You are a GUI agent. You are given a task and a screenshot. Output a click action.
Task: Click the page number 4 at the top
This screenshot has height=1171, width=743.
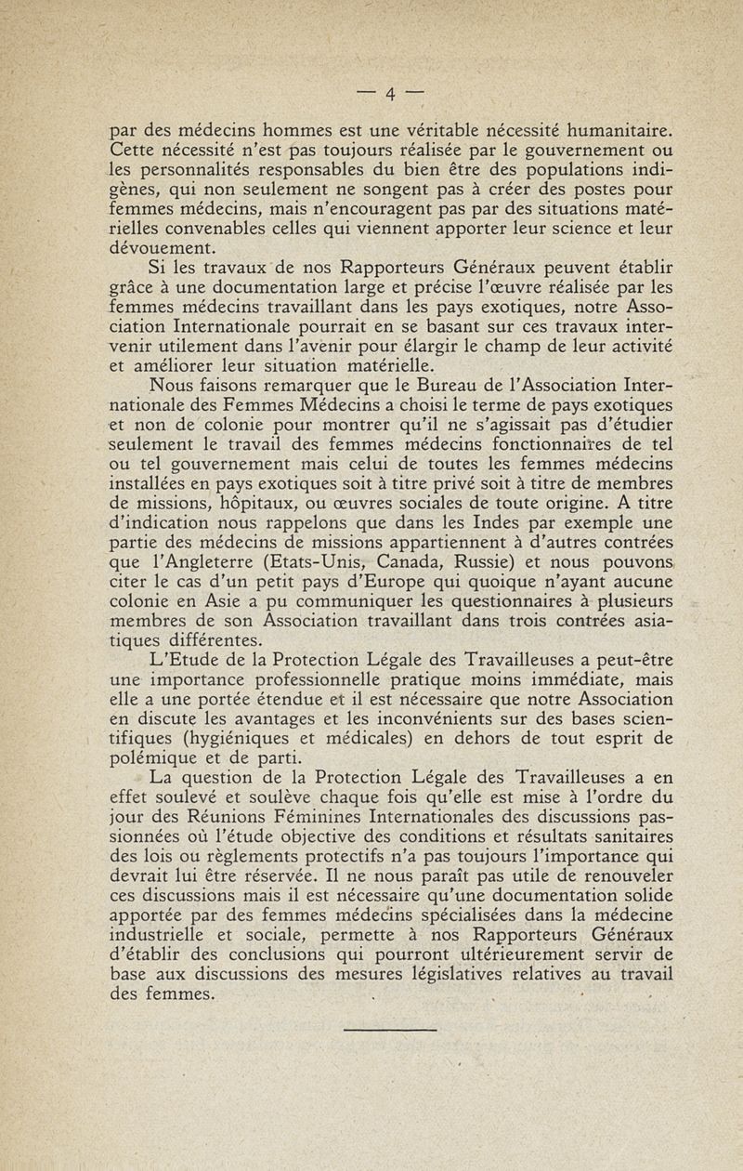point(391,93)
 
